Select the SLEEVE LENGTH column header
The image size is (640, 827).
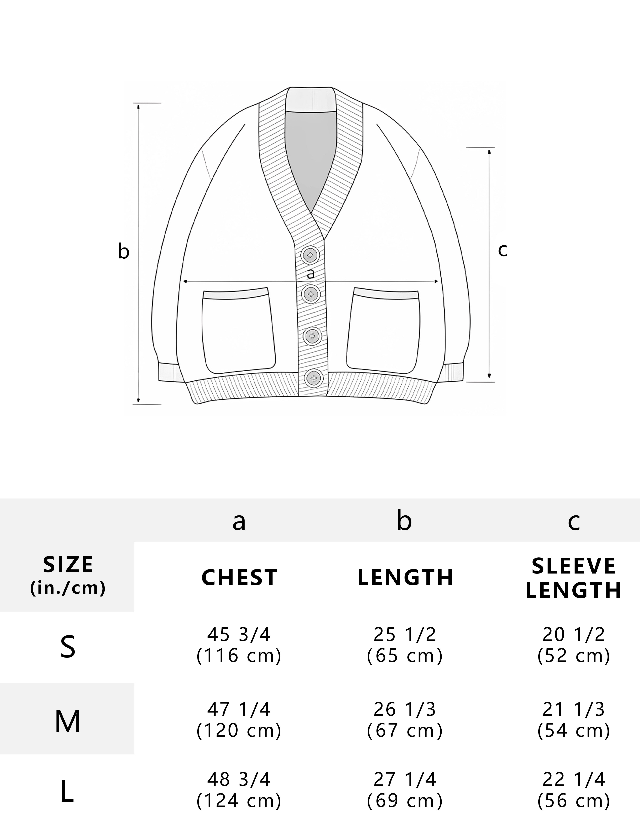(x=574, y=578)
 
